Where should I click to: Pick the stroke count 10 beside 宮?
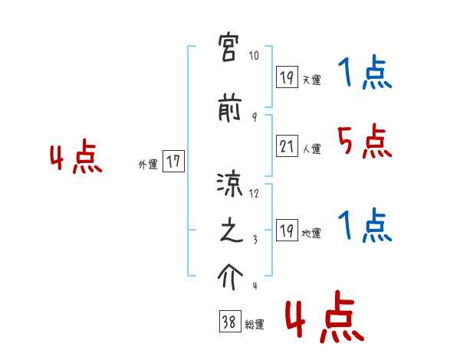point(255,57)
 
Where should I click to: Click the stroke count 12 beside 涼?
point(255,193)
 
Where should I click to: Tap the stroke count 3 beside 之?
point(254,241)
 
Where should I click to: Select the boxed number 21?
point(287,147)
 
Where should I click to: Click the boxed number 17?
point(173,161)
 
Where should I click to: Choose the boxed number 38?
point(228,322)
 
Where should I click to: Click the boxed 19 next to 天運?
point(287,77)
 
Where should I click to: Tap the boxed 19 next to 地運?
point(287,231)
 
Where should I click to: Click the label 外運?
point(148,164)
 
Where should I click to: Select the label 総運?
point(254,325)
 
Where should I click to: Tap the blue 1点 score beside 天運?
point(364,74)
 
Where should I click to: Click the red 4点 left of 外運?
point(76,159)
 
